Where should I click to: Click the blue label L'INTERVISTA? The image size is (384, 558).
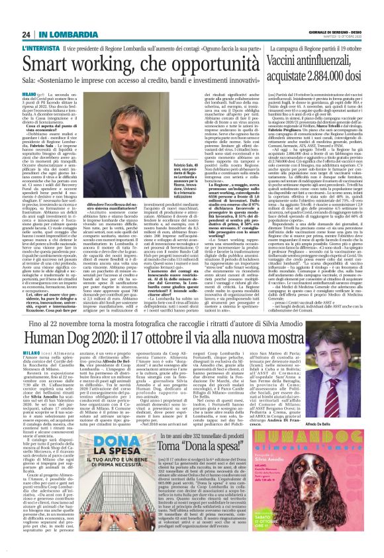coord(41,30)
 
